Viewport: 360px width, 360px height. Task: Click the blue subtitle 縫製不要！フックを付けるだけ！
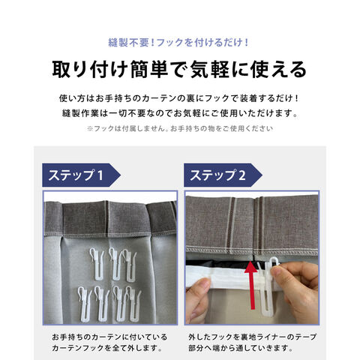coord(178,43)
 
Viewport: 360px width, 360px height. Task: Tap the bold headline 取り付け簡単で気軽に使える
coord(179,69)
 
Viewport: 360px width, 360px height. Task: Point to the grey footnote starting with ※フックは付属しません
coord(180,128)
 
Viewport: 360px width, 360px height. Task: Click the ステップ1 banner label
coord(76,175)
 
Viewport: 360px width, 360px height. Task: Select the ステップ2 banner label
coord(217,175)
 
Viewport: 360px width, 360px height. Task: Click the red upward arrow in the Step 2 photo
coord(252,285)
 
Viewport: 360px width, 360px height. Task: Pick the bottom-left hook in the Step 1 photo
coord(84,303)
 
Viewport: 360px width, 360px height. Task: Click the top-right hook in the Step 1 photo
coord(130,265)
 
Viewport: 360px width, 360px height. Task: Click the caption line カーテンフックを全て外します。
coord(107,348)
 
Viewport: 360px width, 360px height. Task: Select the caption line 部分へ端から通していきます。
coord(241,348)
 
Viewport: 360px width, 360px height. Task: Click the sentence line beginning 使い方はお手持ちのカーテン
coord(179,98)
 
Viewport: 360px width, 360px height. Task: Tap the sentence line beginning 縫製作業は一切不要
coord(180,113)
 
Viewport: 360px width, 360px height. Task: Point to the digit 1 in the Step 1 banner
coord(100,175)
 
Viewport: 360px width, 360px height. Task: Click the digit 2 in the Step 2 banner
coord(242,175)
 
